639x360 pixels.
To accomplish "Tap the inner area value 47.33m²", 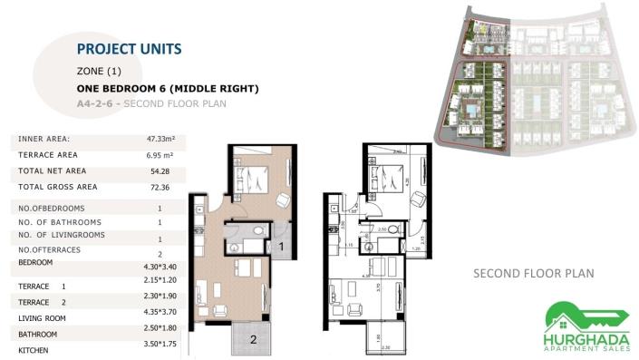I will (x=159, y=140).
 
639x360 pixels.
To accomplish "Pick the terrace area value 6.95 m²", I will (x=159, y=155).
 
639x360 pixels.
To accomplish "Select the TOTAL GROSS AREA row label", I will (x=58, y=187).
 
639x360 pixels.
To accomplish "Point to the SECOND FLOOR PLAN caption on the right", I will (x=533, y=273).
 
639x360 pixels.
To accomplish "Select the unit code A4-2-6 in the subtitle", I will (x=97, y=104).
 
